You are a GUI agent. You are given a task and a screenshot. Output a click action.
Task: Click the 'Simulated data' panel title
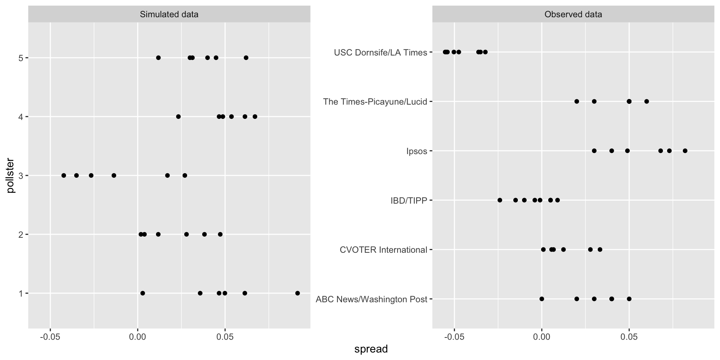tap(169, 15)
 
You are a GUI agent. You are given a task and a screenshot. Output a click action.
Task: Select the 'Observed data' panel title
tap(573, 15)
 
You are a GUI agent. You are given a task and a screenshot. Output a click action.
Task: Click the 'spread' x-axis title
tap(371, 349)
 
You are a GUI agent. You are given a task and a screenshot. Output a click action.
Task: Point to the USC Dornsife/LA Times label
tap(380, 52)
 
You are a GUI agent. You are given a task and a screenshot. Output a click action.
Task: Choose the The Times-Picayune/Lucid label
tap(375, 102)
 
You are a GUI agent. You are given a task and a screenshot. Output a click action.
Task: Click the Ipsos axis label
tap(417, 151)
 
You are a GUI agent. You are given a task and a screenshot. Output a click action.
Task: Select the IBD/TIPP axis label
tap(409, 201)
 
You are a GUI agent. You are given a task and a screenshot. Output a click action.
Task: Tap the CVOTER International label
tap(383, 250)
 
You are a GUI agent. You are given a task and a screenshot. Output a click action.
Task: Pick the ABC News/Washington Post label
tap(371, 299)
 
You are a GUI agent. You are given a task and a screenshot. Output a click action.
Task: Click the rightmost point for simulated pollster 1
tap(297, 293)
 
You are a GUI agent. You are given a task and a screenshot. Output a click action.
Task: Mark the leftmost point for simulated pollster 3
tap(64, 175)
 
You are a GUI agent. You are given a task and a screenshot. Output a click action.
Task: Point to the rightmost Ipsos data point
tap(685, 151)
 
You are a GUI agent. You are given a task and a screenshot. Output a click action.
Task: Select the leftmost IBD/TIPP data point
tap(500, 200)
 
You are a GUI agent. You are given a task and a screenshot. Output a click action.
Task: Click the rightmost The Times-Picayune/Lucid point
tap(646, 101)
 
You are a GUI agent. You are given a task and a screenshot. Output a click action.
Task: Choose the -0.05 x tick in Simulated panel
tap(50, 337)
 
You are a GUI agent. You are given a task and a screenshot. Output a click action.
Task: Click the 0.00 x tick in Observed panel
tap(542, 337)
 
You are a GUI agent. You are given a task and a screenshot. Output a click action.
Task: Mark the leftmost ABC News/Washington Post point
tap(541, 299)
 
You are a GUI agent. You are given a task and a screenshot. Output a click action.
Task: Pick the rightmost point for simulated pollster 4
tap(255, 117)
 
